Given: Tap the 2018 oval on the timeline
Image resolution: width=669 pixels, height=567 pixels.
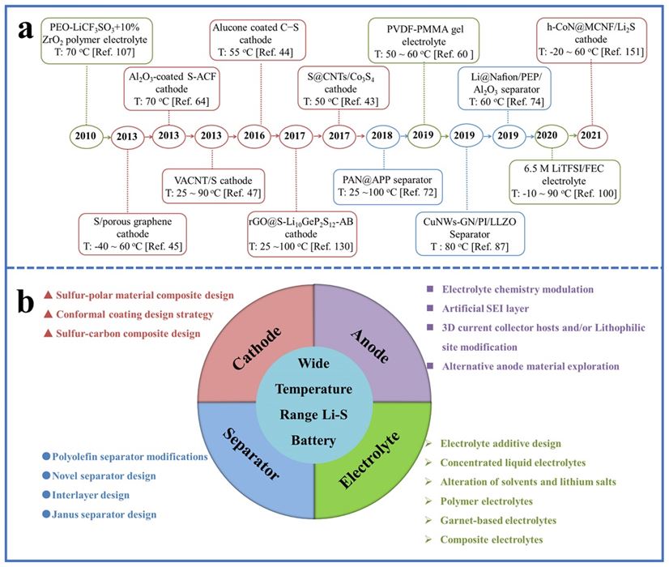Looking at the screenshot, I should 380,135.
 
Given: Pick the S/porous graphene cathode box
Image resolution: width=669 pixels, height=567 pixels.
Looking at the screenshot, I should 130,232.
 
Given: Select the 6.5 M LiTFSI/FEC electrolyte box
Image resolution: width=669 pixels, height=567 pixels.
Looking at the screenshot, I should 564,182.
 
